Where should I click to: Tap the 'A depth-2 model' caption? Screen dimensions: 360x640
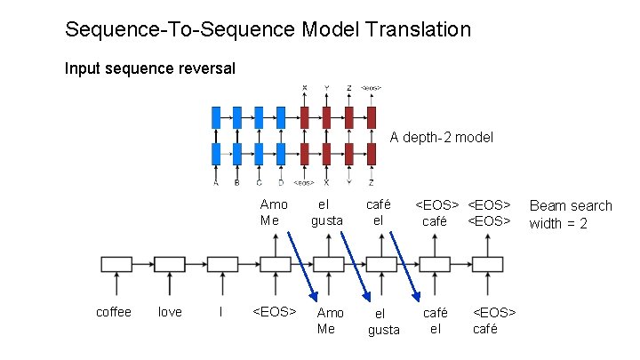[441, 138]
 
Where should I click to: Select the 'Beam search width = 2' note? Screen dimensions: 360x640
[570, 214]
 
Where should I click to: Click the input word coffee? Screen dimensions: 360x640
[114, 312]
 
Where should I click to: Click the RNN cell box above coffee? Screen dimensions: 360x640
[116, 264]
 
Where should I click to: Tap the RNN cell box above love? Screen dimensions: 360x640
[169, 264]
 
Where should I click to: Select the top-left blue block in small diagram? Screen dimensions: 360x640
[216, 117]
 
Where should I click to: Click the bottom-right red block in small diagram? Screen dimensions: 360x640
[371, 153]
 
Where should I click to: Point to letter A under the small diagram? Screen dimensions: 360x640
[216, 183]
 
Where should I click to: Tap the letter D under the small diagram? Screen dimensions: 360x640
[281, 183]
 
